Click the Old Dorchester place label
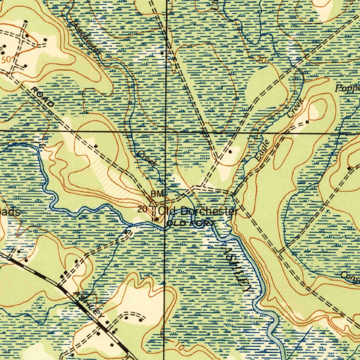(x=198, y=211)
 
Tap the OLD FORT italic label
(x=190, y=223)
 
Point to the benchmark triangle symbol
(x=153, y=203)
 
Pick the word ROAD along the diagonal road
(x=43, y=97)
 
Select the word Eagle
(x=263, y=150)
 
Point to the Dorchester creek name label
(x=86, y=37)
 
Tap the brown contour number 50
(x=6, y=59)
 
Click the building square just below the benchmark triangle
(x=157, y=219)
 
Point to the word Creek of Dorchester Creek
(x=147, y=159)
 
